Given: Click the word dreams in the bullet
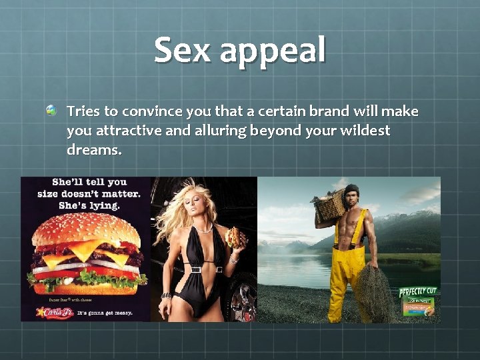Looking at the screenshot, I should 93,150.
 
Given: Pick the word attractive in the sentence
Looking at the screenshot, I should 128,131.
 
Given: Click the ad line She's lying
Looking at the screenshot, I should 89,206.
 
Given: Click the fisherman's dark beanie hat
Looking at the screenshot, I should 352,189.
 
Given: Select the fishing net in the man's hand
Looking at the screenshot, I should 373,293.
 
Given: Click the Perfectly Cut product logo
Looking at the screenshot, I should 419,291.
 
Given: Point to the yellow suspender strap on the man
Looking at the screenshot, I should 364,230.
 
